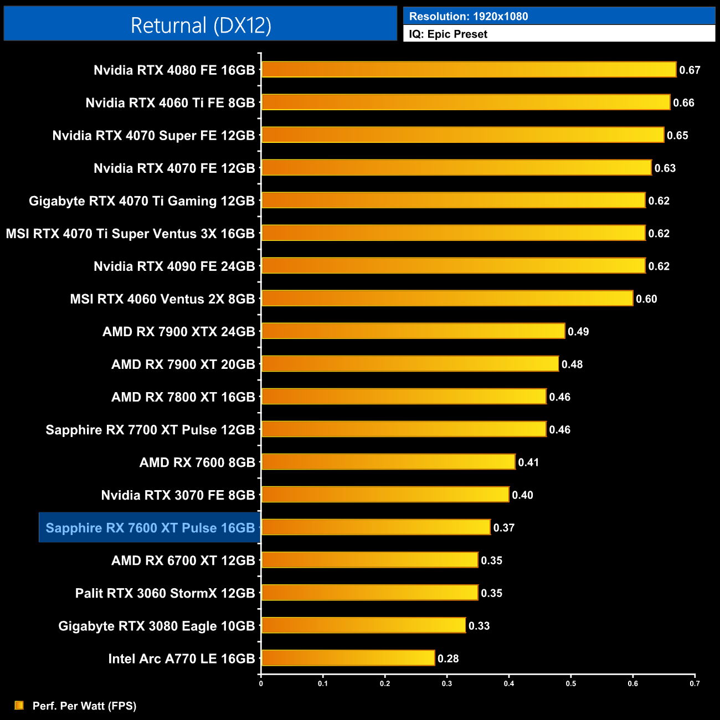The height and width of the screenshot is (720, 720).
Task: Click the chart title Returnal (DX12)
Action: pyautogui.click(x=200, y=25)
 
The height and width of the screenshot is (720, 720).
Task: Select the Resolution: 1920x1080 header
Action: pyautogui.click(x=468, y=16)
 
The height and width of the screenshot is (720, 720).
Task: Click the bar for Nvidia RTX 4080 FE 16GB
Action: pyautogui.click(x=468, y=70)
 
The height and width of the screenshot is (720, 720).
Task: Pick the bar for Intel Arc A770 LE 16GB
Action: pyautogui.click(x=348, y=658)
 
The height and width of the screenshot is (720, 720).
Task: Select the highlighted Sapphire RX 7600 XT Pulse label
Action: pyautogui.click(x=150, y=528)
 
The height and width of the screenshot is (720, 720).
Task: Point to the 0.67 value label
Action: pyautogui.click(x=690, y=70)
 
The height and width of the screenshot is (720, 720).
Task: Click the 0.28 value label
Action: pyautogui.click(x=448, y=659)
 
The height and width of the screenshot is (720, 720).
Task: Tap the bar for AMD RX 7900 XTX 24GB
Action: pyautogui.click(x=413, y=331)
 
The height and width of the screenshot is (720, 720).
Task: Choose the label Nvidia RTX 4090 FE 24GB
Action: pyautogui.click(x=174, y=266)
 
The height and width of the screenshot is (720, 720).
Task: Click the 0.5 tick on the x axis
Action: pyautogui.click(x=570, y=683)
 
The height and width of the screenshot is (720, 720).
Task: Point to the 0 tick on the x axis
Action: pyautogui.click(x=261, y=683)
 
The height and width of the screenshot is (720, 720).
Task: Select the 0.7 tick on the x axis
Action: pyautogui.click(x=695, y=683)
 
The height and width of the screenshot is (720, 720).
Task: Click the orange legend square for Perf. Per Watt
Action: pyautogui.click(x=19, y=705)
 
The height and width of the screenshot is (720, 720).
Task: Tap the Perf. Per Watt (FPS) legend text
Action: pyautogui.click(x=84, y=706)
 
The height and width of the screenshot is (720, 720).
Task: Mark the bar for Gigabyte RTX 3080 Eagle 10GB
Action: pyautogui.click(x=363, y=625)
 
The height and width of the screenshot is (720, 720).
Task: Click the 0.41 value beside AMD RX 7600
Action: pyautogui.click(x=528, y=462)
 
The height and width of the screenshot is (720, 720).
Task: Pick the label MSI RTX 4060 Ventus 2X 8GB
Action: pyautogui.click(x=162, y=299)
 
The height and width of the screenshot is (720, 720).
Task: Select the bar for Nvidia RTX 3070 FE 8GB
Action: pyautogui.click(x=385, y=495)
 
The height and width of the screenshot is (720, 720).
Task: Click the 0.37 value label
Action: pyautogui.click(x=504, y=528)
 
